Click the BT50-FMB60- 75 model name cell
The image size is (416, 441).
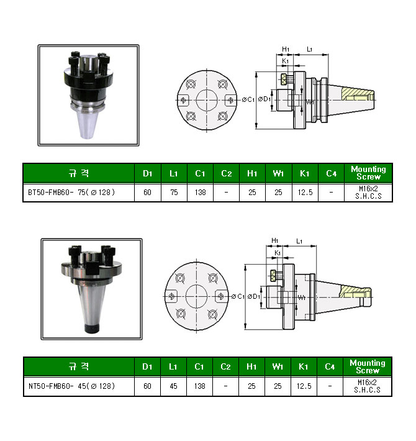(x=71, y=193)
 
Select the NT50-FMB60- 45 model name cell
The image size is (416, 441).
(x=71, y=386)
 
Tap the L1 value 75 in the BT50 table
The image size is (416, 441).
(x=174, y=193)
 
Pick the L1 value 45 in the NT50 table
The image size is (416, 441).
(x=173, y=386)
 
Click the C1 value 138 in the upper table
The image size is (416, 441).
(x=200, y=193)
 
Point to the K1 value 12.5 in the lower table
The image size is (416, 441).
(x=304, y=386)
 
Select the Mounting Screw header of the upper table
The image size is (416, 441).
(x=368, y=173)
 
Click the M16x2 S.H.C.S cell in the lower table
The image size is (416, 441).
(x=367, y=386)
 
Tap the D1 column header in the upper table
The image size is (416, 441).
(x=148, y=173)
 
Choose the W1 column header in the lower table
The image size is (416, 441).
(x=278, y=366)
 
